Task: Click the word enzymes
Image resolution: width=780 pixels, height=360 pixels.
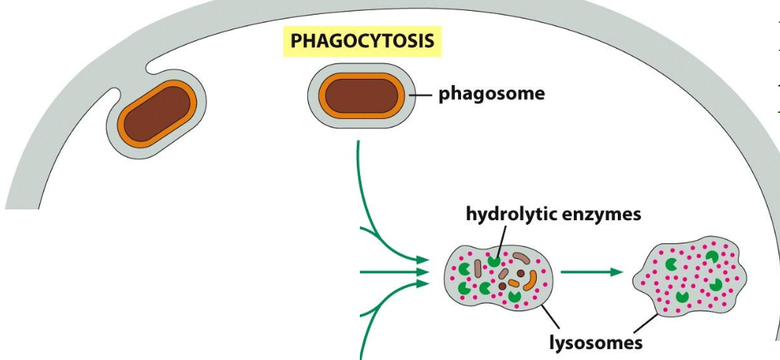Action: pyautogui.click(x=601, y=214)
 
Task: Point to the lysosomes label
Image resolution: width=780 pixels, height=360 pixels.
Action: pyautogui.click(x=595, y=342)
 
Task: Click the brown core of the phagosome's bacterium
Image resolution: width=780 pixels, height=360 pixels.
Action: pyautogui.click(x=361, y=96)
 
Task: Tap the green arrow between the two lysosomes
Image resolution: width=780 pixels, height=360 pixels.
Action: pyautogui.click(x=591, y=272)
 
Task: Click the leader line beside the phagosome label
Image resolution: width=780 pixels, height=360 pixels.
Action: pyautogui.click(x=422, y=95)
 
